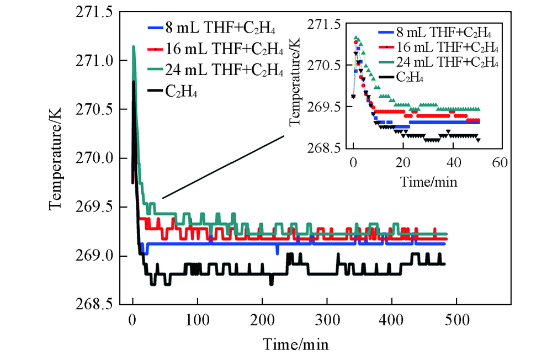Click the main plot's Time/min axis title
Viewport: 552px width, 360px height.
pos(295,345)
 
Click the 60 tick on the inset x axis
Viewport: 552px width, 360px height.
pos(499,162)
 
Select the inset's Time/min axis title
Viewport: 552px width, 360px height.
pos(426,181)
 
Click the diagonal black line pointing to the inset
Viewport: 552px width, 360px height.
pos(223,167)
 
